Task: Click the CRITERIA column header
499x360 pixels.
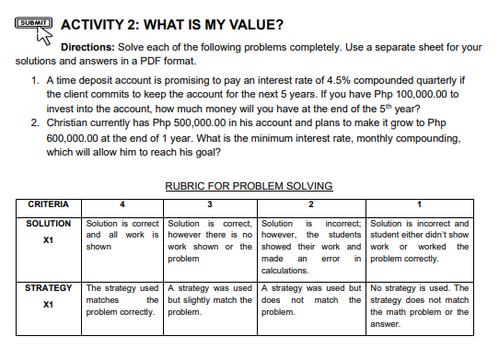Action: coord(42,203)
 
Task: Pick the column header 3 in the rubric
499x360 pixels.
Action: coord(209,203)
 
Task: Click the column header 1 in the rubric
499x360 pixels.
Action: coord(420,203)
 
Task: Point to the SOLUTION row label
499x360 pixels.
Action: coord(50,224)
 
